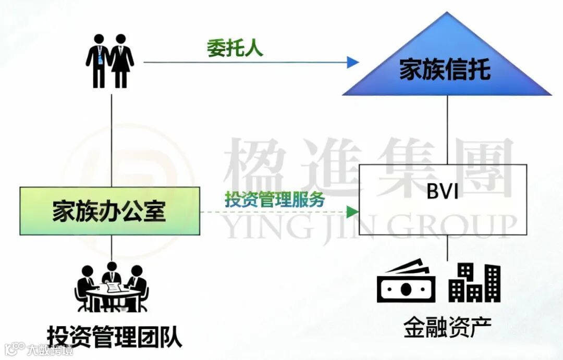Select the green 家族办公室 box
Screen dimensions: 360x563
[x=110, y=210]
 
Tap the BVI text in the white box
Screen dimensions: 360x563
[x=443, y=192]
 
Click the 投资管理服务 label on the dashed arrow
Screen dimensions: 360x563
[x=275, y=199]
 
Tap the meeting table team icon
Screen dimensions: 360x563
[x=112, y=288]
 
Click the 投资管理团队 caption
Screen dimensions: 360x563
[x=115, y=337]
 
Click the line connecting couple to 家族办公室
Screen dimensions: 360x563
[x=112, y=138]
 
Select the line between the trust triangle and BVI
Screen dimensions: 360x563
[x=447, y=130]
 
